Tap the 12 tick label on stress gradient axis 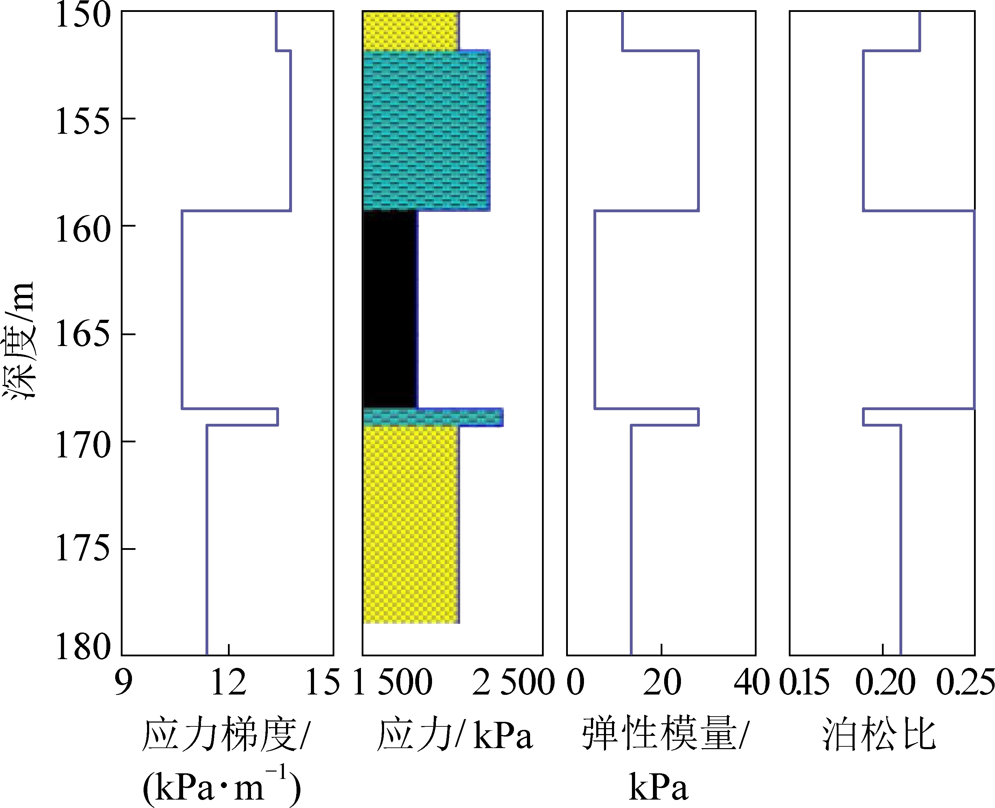[228, 683]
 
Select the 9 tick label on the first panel [123, 683]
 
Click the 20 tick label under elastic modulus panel [661, 683]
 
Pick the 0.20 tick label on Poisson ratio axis [885, 683]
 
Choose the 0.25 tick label [966, 683]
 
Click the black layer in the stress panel [389, 310]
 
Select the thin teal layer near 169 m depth [433, 417]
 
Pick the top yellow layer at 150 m [411, 30]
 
